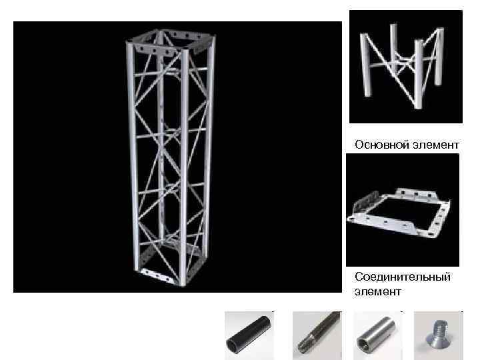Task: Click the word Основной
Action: (376, 145)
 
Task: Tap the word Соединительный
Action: (403, 276)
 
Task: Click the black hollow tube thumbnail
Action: (249, 335)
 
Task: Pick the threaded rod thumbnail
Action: (317, 335)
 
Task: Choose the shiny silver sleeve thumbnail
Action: (377, 335)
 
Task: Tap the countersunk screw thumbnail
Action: (438, 335)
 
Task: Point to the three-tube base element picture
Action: (405, 67)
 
